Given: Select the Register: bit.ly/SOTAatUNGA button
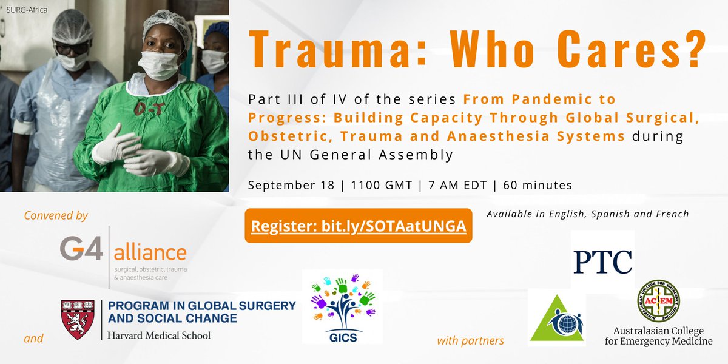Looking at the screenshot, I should tap(359, 226).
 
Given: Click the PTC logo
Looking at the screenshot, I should tap(602, 261).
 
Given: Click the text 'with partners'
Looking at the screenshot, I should tap(470, 340).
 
